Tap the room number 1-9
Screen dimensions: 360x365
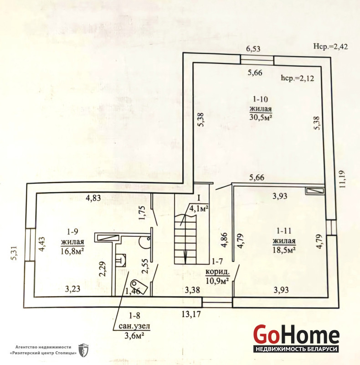(x=72, y=232)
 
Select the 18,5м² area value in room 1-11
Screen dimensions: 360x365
(x=284, y=250)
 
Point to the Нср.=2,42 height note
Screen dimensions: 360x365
(x=330, y=47)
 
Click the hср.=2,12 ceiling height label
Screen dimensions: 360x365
(x=298, y=78)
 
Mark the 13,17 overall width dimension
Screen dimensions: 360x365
(x=191, y=314)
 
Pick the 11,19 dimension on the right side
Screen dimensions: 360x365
(x=342, y=179)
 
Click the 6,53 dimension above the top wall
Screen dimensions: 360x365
(x=253, y=49)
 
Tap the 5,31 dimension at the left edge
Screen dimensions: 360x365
(x=15, y=253)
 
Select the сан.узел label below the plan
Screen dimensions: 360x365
(x=134, y=326)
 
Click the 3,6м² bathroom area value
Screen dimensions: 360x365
(x=134, y=336)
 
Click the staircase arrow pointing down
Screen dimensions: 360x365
(x=185, y=257)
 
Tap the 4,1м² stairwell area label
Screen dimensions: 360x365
(x=199, y=209)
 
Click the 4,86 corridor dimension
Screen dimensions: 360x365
(x=225, y=240)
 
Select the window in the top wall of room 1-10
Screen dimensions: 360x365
(x=257, y=60)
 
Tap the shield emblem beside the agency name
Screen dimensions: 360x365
(x=83, y=350)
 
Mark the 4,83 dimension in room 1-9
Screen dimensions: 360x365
(x=93, y=198)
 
